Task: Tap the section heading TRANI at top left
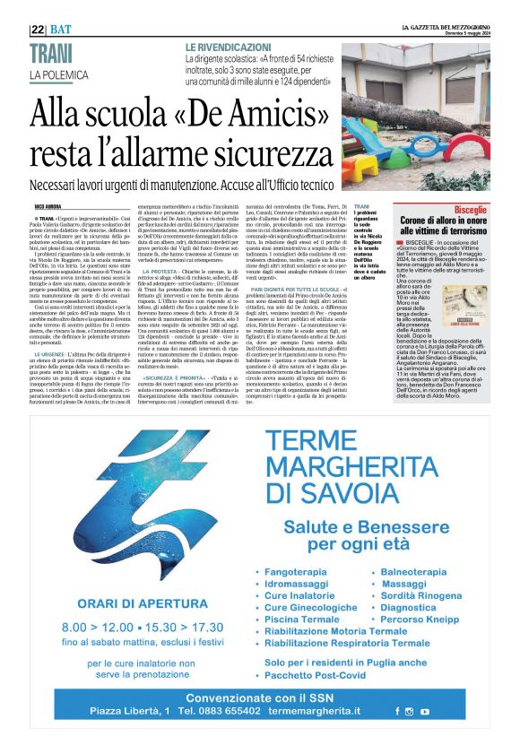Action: pos(50,56)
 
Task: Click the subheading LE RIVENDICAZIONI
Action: pos(228,46)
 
